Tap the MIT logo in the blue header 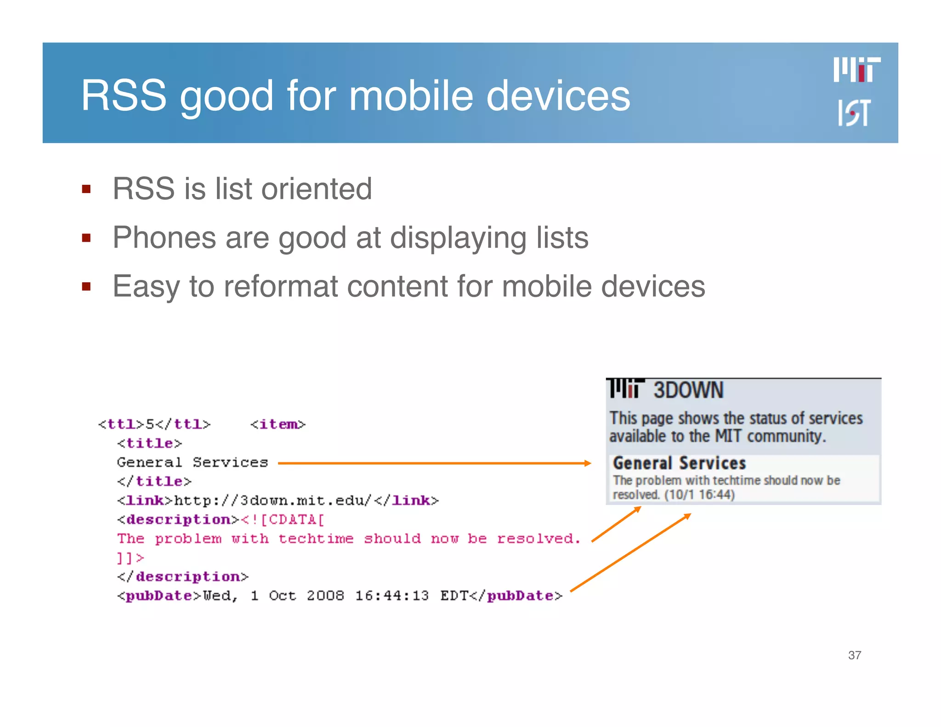coord(857,70)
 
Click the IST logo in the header coord(854,113)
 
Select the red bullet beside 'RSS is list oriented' coord(86,189)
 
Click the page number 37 coord(855,655)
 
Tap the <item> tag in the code coord(278,424)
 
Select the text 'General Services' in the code coord(192,462)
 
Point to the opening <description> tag coord(178,520)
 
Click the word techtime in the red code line coord(316,539)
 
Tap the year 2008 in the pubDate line coord(325,596)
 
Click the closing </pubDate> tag coord(515,596)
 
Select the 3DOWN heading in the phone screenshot coord(688,390)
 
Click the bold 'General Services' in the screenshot coord(679,463)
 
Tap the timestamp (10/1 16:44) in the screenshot coord(699,495)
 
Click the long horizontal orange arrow coord(434,463)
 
